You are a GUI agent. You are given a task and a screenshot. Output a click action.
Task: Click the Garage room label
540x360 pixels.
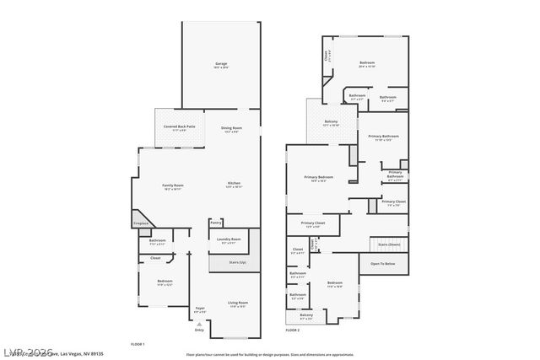pyautogui.click(x=220, y=64)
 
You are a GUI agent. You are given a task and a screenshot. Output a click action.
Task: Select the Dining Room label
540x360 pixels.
pyautogui.click(x=232, y=128)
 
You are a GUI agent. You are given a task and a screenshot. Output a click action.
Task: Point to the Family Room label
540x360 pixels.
pyautogui.click(x=173, y=185)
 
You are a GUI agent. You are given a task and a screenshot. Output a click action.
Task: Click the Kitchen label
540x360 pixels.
pyautogui.click(x=234, y=184)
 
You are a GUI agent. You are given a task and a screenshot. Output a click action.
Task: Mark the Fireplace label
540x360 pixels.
pyautogui.click(x=140, y=223)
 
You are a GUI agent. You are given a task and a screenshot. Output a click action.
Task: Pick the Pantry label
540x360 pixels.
pyautogui.click(x=216, y=223)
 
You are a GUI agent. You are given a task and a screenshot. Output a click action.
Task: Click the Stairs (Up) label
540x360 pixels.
pyautogui.click(x=238, y=262)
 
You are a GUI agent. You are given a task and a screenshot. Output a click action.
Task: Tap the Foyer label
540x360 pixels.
pyautogui.click(x=200, y=309)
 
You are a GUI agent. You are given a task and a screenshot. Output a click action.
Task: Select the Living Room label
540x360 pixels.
pyautogui.click(x=238, y=303)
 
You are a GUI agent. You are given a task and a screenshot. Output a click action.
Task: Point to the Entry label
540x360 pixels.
pyautogui.click(x=199, y=330)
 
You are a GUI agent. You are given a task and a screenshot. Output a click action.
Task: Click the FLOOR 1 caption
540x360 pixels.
pyautogui.click(x=138, y=344)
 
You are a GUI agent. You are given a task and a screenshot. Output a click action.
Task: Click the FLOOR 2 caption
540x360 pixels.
pyautogui.click(x=292, y=330)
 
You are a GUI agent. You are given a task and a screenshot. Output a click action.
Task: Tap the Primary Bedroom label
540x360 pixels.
pyautogui.click(x=319, y=177)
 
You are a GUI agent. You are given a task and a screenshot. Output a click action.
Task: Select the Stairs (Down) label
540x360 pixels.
pyautogui.click(x=389, y=244)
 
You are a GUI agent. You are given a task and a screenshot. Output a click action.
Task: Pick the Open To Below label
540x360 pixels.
pyautogui.click(x=383, y=263)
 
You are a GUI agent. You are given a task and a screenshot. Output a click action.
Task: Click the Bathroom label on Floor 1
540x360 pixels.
pyautogui.click(x=157, y=241)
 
